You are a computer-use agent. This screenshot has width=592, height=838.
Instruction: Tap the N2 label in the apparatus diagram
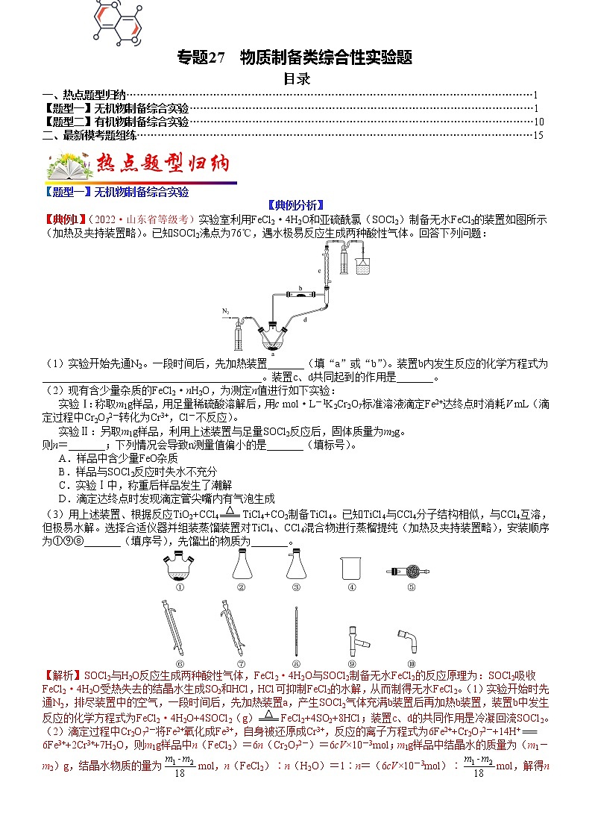227,310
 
